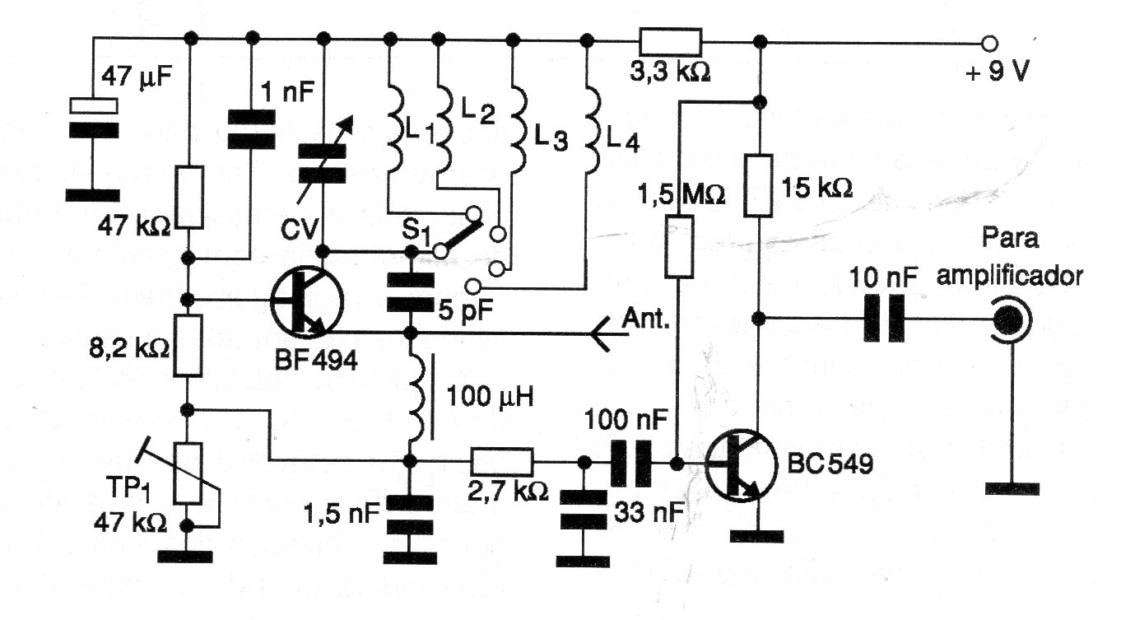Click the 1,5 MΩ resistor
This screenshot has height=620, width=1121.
pyautogui.click(x=677, y=246)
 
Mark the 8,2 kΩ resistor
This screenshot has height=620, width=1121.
pyautogui.click(x=190, y=345)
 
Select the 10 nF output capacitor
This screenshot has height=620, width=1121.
pyautogui.click(x=884, y=318)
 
